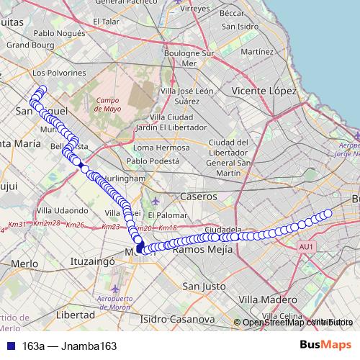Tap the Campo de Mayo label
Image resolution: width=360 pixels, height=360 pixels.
[109, 104]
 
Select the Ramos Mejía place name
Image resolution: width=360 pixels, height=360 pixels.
[202, 249]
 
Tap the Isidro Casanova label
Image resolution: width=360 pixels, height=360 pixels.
[177, 318]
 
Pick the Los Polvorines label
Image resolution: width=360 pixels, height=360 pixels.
[59, 73]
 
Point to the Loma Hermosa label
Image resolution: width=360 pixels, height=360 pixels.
[161, 148]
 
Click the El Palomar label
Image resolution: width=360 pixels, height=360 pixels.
[166, 215]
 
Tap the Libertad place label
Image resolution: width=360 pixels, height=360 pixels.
[75, 315]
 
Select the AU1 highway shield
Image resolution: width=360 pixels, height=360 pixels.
[307, 247]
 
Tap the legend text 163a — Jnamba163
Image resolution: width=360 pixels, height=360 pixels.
[69, 346]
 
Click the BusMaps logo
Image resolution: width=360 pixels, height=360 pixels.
[325, 346]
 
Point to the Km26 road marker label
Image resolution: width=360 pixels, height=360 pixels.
[76, 225]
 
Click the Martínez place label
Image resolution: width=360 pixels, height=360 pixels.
[257, 53]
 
